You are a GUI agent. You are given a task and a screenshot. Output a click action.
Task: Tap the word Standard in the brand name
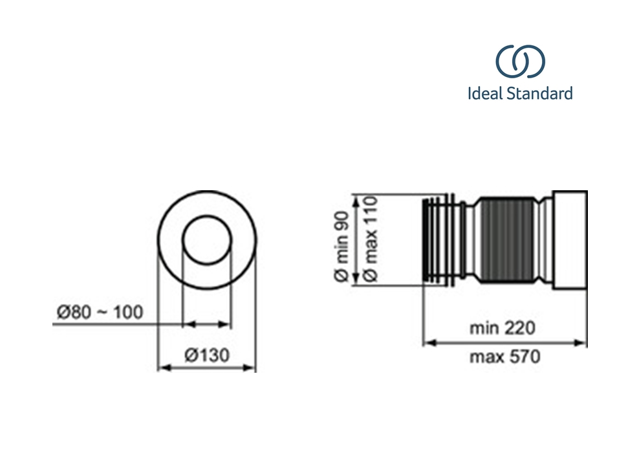(540, 93)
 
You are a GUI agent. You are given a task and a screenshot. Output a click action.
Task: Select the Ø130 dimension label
(207, 355)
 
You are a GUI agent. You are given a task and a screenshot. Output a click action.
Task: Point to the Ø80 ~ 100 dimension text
(100, 313)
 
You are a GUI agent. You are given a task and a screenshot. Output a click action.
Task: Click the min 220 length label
(502, 328)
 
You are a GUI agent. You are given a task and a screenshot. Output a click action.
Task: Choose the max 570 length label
(505, 357)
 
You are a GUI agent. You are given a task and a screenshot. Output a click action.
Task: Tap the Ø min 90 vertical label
(341, 246)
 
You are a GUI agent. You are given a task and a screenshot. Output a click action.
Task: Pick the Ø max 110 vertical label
(370, 238)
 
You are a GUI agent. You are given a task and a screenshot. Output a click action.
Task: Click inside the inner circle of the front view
(207, 240)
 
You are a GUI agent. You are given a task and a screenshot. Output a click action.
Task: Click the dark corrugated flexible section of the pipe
(508, 240)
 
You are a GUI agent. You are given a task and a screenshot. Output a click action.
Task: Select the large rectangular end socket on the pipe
(570, 240)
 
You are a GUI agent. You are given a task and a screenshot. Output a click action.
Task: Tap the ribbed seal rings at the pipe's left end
(435, 240)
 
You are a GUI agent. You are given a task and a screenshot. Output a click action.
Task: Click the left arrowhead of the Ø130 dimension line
(164, 368)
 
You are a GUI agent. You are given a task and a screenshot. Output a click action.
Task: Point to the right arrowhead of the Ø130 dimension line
(250, 368)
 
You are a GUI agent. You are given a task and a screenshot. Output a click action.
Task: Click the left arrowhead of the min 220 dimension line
(429, 343)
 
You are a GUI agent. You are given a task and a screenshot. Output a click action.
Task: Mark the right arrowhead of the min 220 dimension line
(581, 343)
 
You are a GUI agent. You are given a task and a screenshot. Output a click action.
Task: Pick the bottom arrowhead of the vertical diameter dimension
(356, 279)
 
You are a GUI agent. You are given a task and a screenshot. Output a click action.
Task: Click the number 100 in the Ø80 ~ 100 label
(128, 313)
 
